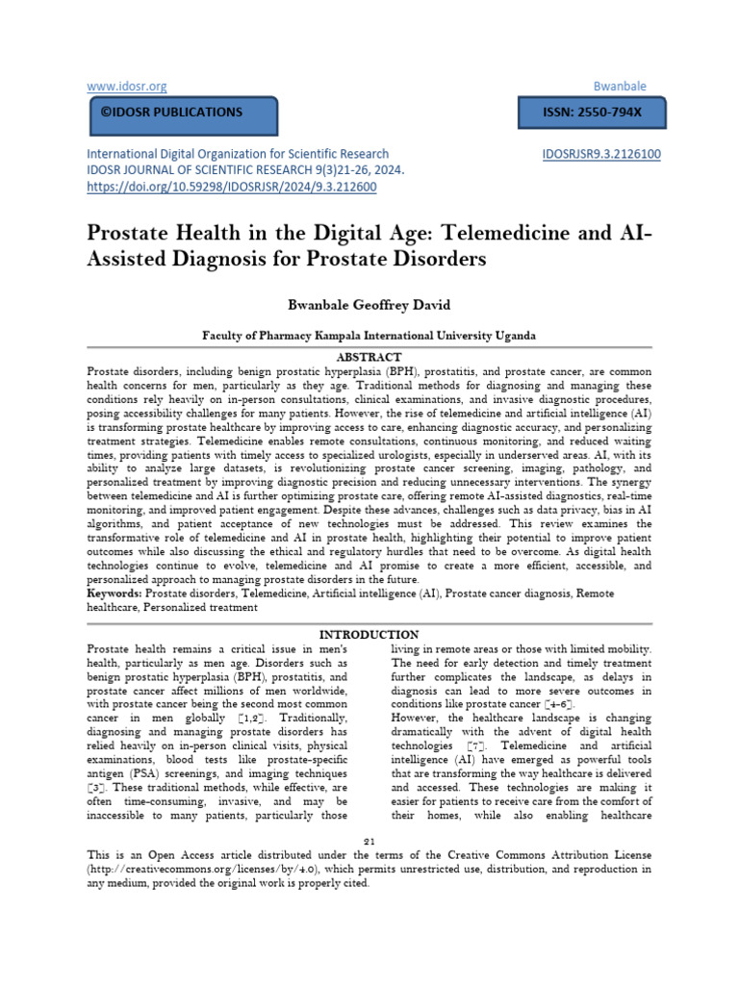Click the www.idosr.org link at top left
point(126,87)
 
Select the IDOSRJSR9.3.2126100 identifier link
point(601,154)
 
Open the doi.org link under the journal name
point(232,187)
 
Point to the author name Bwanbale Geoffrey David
point(369,304)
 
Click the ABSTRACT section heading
point(369,356)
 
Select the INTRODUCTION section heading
point(369,635)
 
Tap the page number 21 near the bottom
point(369,840)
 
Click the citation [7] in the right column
point(475,746)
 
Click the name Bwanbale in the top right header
point(624,87)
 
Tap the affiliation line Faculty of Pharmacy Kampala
point(369,336)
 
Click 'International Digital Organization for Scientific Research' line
point(239,154)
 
